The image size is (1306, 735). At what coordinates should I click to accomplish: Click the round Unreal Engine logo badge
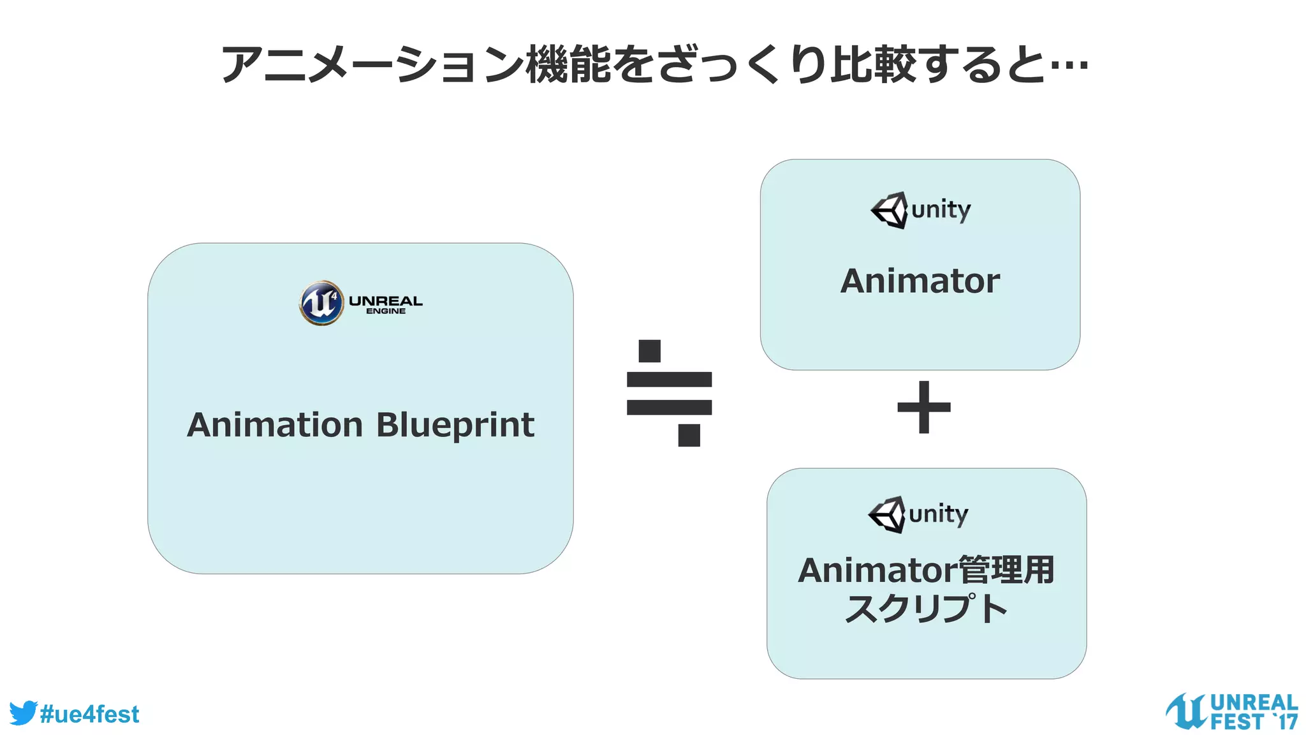tap(321, 303)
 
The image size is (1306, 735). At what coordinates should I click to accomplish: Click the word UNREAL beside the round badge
tap(385, 301)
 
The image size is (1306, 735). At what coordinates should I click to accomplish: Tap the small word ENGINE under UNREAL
tap(385, 311)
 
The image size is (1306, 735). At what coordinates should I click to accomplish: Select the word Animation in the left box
tap(275, 425)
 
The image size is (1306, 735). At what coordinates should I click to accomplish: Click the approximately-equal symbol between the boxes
tap(669, 393)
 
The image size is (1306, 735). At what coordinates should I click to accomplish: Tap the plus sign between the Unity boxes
tap(923, 407)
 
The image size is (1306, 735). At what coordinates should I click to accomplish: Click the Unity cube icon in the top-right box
tap(890, 210)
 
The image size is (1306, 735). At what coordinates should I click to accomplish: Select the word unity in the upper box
tap(941, 210)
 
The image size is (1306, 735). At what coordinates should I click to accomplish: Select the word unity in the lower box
tap(939, 514)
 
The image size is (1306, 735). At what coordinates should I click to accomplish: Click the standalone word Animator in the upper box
tap(920, 281)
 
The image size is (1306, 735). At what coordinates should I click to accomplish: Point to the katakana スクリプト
tap(926, 608)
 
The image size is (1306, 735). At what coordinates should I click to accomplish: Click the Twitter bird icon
tap(23, 713)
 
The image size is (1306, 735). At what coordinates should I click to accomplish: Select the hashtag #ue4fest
tap(89, 714)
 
